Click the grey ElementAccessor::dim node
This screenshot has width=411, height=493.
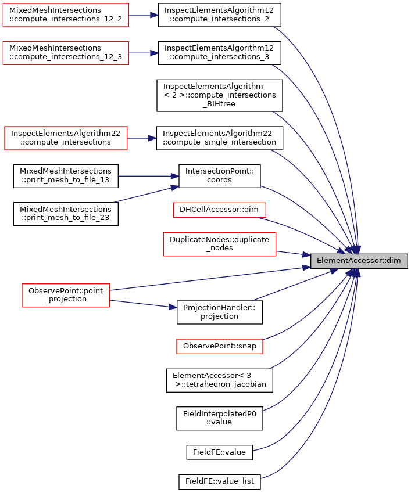click(359, 261)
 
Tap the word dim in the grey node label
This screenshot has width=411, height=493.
click(394, 261)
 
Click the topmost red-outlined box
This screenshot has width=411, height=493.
click(65, 15)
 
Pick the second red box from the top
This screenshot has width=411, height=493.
click(65, 53)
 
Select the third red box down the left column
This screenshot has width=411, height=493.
click(66, 138)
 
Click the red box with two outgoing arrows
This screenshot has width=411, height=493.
click(66, 296)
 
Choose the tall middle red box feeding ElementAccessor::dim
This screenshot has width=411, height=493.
click(219, 244)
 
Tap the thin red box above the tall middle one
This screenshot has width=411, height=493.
click(219, 210)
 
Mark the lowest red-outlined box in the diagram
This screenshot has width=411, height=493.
click(219, 347)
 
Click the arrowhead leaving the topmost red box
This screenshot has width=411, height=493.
click(155, 15)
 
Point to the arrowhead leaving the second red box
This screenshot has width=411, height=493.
click(154, 53)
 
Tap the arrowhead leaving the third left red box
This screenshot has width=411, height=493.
click(152, 138)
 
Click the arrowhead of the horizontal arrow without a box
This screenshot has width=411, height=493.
click(175, 176)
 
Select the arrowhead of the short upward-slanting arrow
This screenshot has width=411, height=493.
click(175, 187)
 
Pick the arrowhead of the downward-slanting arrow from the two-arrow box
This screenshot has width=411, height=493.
click(173, 307)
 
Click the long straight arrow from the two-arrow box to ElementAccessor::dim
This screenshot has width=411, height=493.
click(209, 279)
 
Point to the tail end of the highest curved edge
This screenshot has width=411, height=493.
click(274, 27)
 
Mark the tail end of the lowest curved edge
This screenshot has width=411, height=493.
click(262, 478)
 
